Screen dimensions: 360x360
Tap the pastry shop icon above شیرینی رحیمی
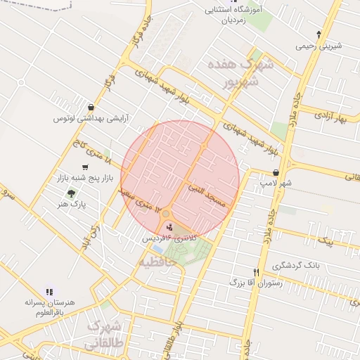[x=319, y=34]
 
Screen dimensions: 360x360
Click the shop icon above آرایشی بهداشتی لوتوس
[x=91, y=107]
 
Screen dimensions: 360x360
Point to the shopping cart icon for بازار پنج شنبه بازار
[x=85, y=167]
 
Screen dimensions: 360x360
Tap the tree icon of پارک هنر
[x=71, y=193]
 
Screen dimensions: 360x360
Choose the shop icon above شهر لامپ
[x=275, y=172]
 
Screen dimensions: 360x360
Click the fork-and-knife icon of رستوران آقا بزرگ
[x=256, y=272]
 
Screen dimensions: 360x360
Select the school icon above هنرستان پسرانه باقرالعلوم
[x=49, y=290]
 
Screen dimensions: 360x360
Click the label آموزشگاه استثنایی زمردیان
[x=229, y=15]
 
